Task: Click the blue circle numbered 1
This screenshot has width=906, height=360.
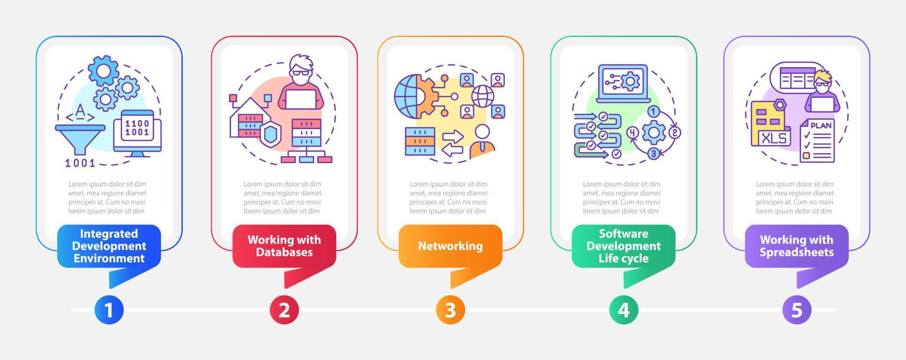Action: tap(109, 310)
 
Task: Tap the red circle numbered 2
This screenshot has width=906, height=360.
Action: tap(284, 310)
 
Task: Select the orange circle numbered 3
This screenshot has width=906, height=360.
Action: tap(450, 310)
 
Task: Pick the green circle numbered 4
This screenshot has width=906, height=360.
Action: tap(623, 310)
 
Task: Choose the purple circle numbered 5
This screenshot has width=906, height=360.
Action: tap(797, 310)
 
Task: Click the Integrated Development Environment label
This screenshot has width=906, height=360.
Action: tap(109, 246)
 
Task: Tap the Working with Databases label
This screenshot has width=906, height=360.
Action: tap(284, 246)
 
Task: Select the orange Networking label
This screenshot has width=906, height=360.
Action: tap(450, 246)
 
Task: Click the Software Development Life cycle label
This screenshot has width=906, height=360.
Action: tap(623, 246)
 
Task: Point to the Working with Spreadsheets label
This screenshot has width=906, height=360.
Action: tap(797, 246)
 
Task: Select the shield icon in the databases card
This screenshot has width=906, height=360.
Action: tap(270, 134)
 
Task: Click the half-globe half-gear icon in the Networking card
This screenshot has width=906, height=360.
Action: tap(415, 97)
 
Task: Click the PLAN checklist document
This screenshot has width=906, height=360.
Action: tap(817, 140)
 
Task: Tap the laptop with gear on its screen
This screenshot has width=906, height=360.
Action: tap(624, 84)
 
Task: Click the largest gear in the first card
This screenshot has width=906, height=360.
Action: tap(103, 70)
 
